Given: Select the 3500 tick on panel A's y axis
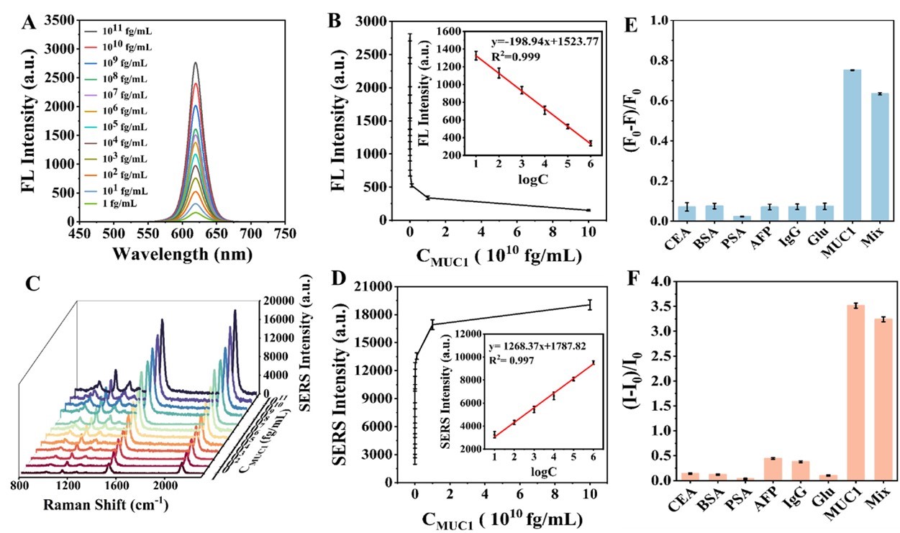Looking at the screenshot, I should coord(58,20).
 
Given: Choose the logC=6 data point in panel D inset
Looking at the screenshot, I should coord(593,363).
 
